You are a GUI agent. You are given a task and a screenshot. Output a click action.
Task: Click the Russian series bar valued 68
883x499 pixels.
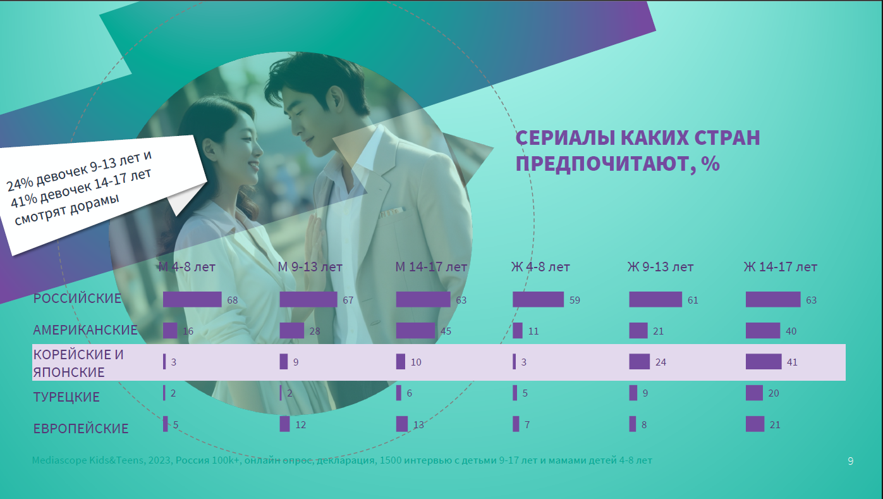pos(192,299)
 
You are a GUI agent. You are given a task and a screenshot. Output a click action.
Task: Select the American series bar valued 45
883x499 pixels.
pos(415,331)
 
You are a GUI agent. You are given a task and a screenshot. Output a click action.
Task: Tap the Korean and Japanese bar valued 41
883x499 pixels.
pos(764,362)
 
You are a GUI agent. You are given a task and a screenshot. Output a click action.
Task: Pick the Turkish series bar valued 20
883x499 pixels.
pos(754,393)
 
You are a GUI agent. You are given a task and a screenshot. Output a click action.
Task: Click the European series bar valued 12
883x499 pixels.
pos(284,424)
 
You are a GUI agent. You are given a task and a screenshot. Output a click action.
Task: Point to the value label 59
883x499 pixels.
pos(575,300)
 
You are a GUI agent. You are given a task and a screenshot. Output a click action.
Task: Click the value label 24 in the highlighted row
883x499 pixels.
pos(661,362)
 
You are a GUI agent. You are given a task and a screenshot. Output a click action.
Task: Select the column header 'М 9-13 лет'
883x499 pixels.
pos(310,267)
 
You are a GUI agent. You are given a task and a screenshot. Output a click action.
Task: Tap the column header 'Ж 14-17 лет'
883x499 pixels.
pos(781,267)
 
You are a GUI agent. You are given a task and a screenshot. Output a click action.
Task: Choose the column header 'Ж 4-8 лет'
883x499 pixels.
pos(540,267)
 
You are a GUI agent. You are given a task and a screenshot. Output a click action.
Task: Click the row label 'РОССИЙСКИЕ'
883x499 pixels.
pos(77,299)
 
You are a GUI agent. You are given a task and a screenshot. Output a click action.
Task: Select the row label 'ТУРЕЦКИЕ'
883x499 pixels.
pos(66,397)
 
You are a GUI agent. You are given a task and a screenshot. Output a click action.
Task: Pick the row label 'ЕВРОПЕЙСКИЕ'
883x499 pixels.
pos(81,428)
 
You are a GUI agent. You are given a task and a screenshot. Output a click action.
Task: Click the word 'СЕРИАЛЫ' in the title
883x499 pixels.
pos(565,138)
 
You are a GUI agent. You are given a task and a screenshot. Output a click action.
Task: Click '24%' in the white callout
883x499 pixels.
pos(20,183)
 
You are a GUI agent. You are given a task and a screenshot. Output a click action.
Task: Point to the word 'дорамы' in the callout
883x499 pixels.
pos(95,205)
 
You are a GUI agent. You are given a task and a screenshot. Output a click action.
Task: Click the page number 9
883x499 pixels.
pos(851,461)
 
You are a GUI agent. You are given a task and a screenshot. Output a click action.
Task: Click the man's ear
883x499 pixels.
pos(336,99)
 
